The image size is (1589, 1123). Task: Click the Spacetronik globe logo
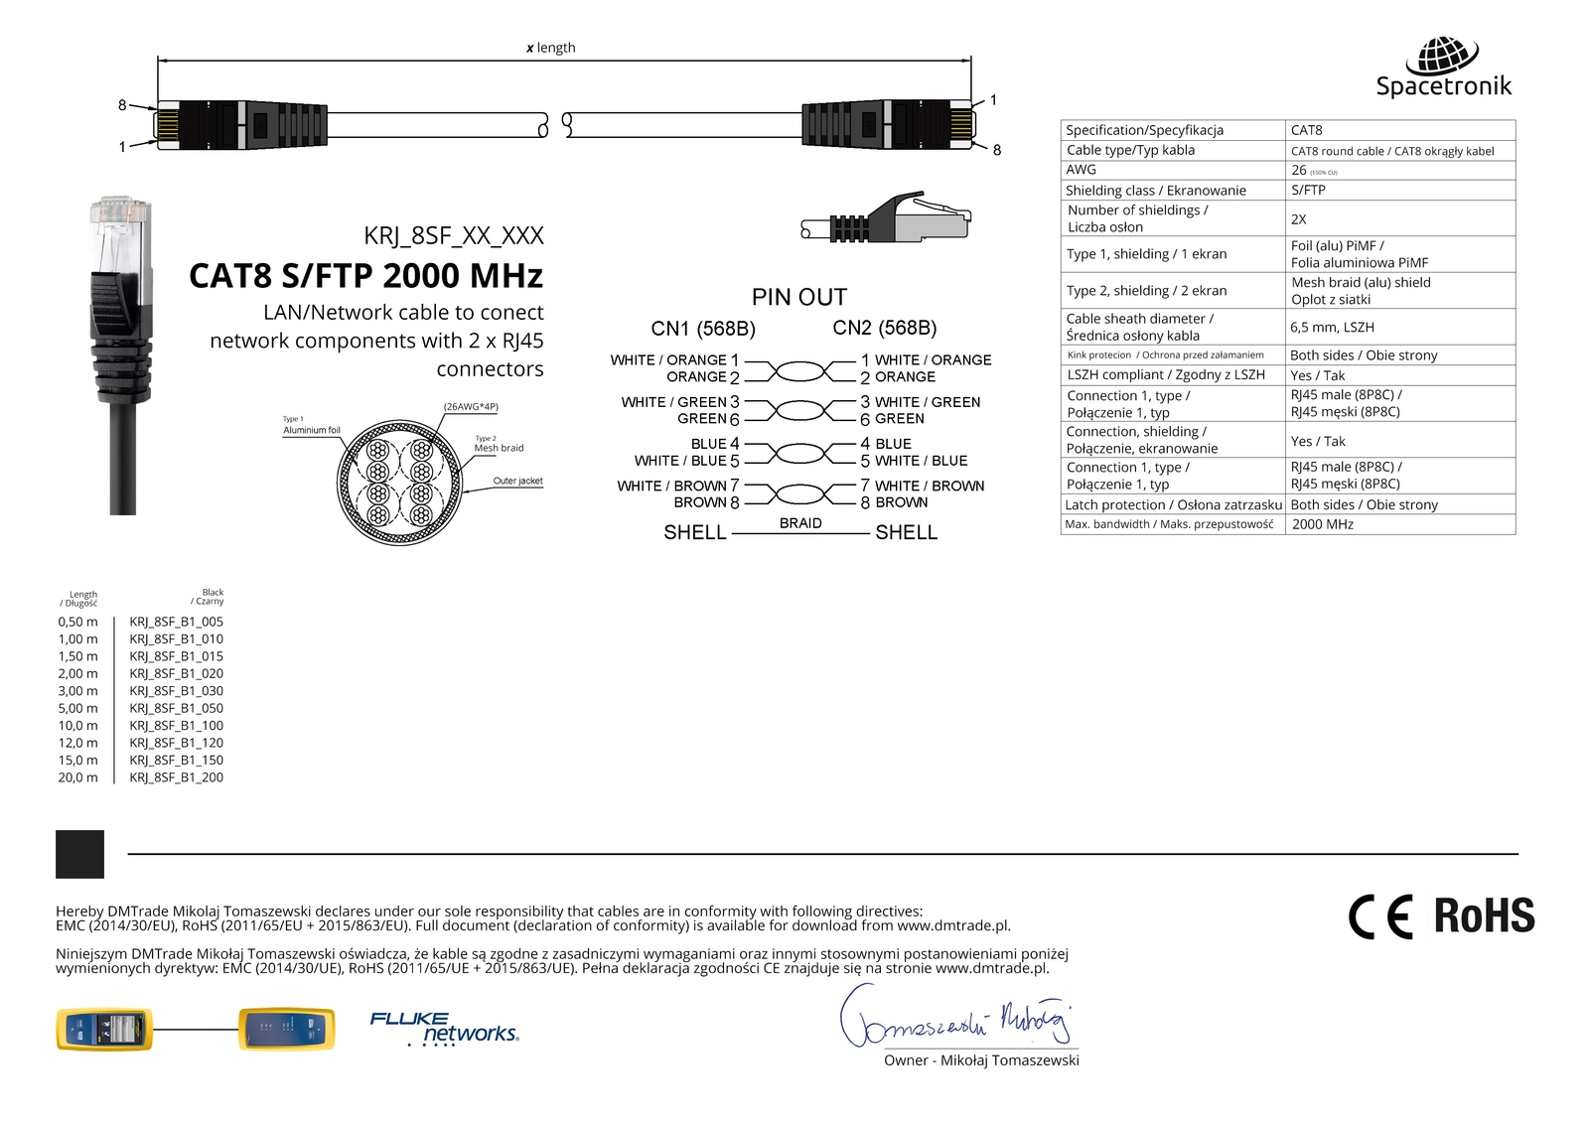(1449, 55)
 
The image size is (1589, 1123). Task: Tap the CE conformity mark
(1380, 916)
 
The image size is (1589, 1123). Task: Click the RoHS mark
(1484, 916)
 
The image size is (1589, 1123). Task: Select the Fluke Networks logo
(444, 1029)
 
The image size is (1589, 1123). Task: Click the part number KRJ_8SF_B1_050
(176, 708)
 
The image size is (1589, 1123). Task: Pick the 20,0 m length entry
(77, 777)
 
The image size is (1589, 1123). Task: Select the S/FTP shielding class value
(1308, 190)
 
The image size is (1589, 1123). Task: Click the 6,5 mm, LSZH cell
(1332, 327)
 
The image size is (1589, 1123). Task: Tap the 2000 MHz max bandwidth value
(1322, 524)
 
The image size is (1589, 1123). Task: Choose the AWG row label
(1081, 170)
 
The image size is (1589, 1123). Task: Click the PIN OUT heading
(799, 297)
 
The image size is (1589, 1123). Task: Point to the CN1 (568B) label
(703, 329)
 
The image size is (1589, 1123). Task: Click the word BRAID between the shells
(800, 523)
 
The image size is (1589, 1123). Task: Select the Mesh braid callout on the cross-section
(499, 448)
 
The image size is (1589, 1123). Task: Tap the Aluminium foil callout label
(311, 430)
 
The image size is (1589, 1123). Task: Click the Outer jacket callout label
(517, 481)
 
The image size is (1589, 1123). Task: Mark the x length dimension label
(550, 48)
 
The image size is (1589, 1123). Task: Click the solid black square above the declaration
(79, 854)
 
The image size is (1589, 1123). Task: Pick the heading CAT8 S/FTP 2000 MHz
(365, 275)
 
